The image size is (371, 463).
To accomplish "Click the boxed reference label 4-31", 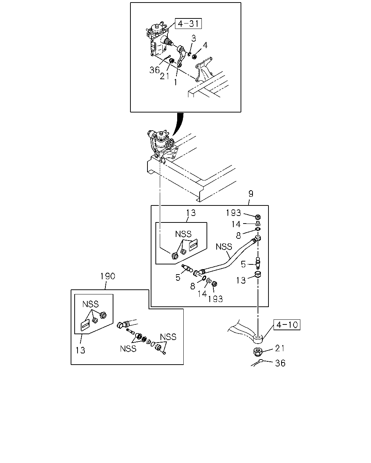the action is pyautogui.click(x=188, y=24).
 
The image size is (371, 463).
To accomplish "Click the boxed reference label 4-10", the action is pyautogui.click(x=287, y=325).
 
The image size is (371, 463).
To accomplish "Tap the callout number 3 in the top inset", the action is pyautogui.click(x=193, y=38).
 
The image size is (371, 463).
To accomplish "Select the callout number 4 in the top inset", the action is pyautogui.click(x=205, y=45).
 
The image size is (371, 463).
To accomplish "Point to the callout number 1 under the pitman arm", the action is pyautogui.click(x=175, y=82).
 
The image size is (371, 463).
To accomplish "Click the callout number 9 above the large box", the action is pyautogui.click(x=251, y=194).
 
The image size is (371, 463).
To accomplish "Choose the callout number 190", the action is pyautogui.click(x=108, y=276).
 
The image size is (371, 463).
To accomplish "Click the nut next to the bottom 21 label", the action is pyautogui.click(x=258, y=352).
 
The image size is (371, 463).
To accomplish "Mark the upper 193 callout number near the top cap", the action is pyautogui.click(x=233, y=213).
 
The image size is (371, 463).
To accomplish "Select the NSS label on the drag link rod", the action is pyautogui.click(x=224, y=247).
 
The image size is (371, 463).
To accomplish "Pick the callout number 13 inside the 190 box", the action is pyautogui.click(x=80, y=351).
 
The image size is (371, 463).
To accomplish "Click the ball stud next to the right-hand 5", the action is pyautogui.click(x=258, y=263).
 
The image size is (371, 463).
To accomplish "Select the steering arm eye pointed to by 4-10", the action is pyautogui.click(x=258, y=339).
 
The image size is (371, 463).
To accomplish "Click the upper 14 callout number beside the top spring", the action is pyautogui.click(x=236, y=224).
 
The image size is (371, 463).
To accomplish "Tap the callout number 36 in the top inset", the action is pyautogui.click(x=154, y=70).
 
